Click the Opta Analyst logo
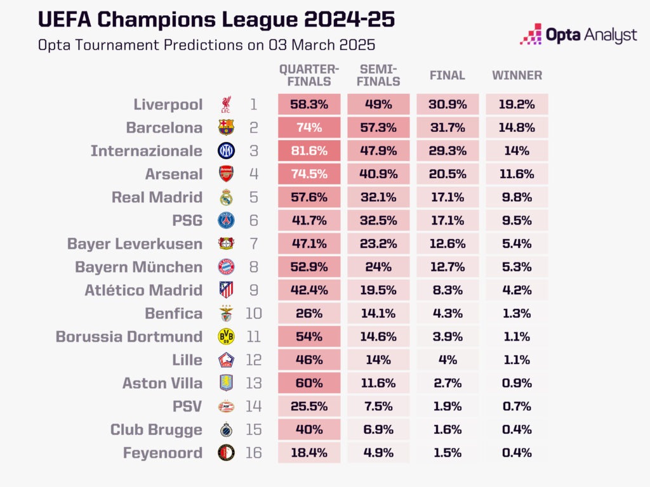(578, 34)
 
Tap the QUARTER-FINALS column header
(309, 75)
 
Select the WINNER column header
(517, 75)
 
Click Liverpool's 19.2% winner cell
(517, 105)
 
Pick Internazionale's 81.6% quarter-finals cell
(309, 151)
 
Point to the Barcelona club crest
(226, 127)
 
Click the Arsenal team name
(173, 174)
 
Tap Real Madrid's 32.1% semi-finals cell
(378, 197)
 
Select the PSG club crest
(226, 220)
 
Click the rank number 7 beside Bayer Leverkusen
(253, 243)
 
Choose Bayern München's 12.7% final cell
(448, 267)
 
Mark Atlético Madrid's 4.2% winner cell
(517, 290)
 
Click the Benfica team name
(173, 313)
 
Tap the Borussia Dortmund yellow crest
(226, 337)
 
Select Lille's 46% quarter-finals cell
(309, 360)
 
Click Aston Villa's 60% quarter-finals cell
(309, 383)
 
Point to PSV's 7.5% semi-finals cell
(378, 406)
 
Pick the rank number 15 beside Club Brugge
(253, 429)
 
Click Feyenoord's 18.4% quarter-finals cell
(309, 453)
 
